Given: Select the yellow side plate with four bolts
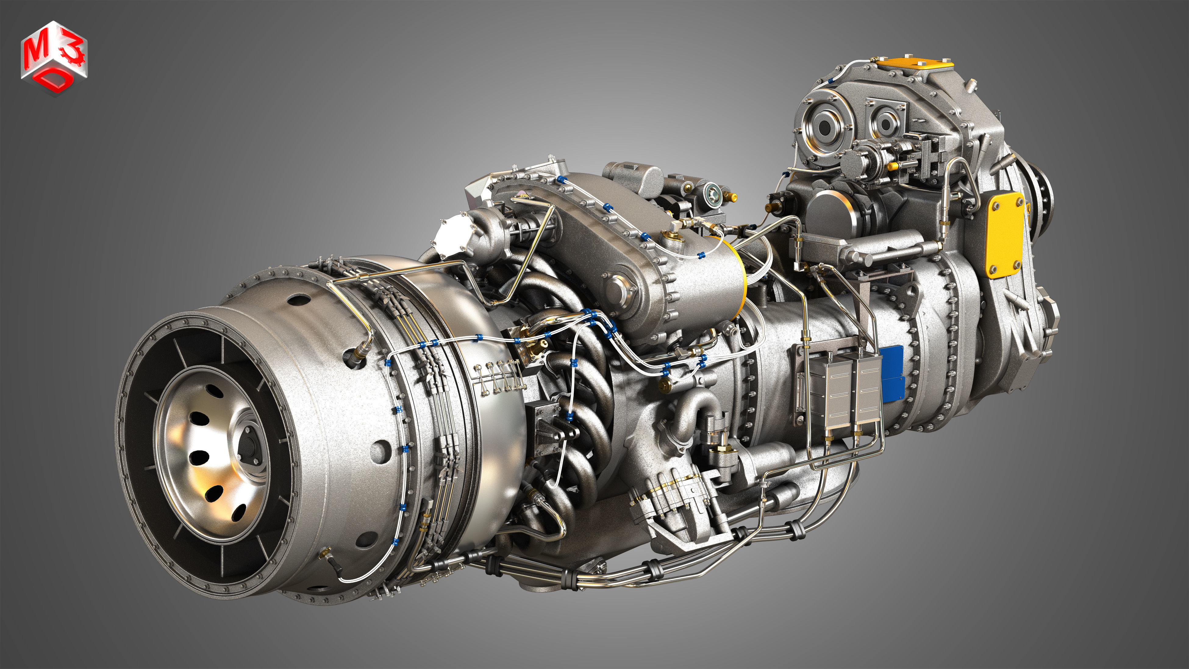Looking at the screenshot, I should pyautogui.click(x=1004, y=236).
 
